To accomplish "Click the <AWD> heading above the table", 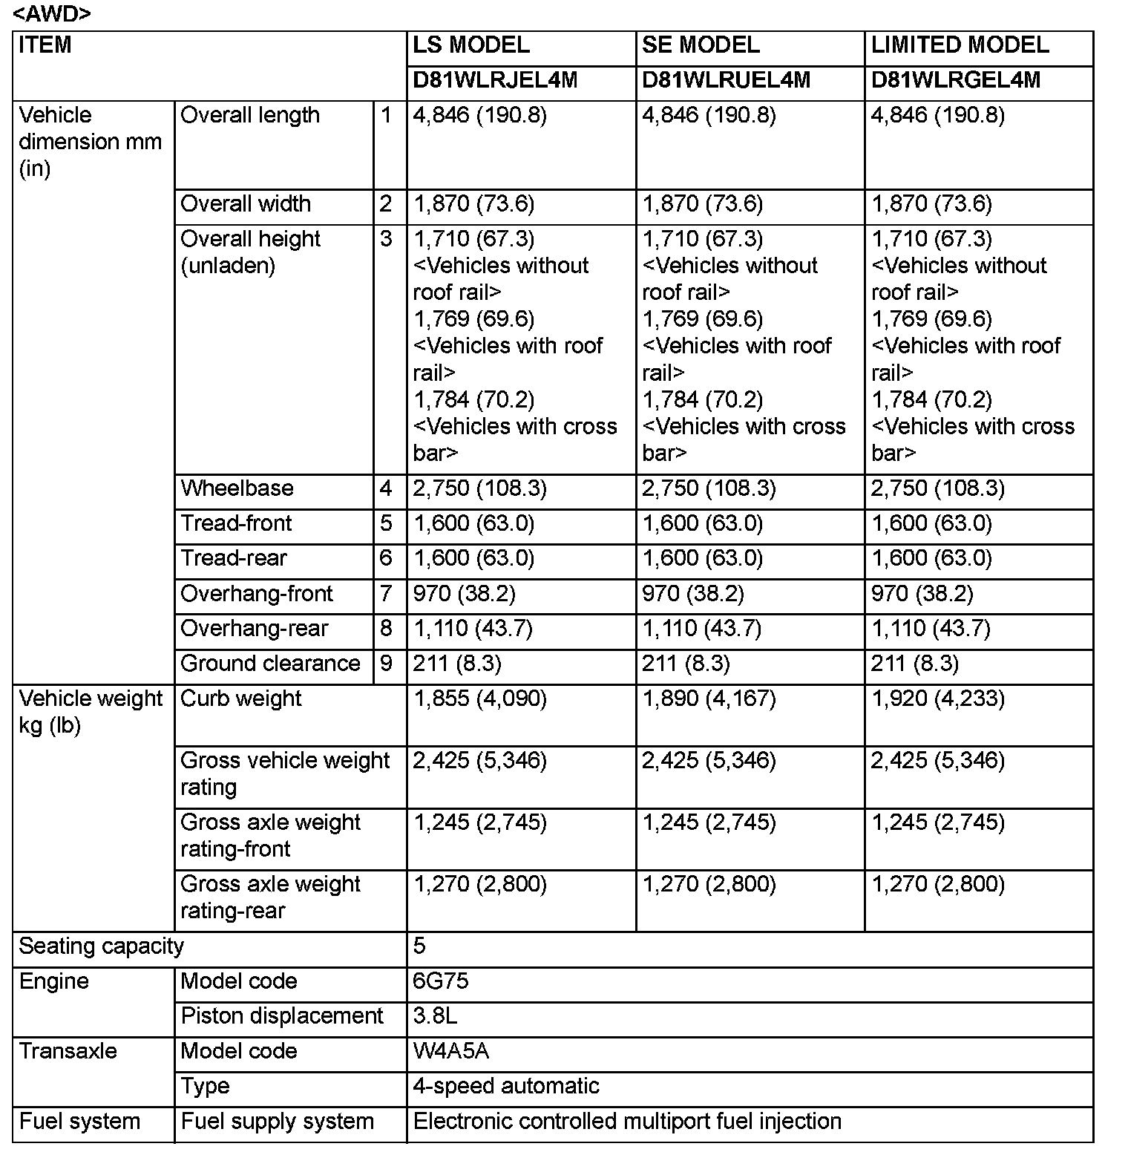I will pos(52,14).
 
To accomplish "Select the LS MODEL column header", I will pos(471,45).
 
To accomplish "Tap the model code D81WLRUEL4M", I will pos(726,80).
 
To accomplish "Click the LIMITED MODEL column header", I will pos(960,45).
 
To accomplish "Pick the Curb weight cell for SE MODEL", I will pos(709,699).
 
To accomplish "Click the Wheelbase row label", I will pos(237,488).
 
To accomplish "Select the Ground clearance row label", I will pos(270,664).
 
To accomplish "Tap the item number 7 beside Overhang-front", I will pos(386,594).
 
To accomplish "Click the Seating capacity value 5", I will pos(419,946).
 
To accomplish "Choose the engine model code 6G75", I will pos(441,981).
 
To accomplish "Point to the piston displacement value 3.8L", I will pos(435,1016).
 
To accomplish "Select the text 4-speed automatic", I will pos(506,1086).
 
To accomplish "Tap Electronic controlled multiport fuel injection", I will pos(627,1121).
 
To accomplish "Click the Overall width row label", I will pos(246,204).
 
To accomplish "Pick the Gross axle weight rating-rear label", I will pos(270,897).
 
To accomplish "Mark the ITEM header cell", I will pos(45,45).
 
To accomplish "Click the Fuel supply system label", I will pos(277,1121).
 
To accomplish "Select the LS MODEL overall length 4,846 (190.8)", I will pos(479,116).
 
